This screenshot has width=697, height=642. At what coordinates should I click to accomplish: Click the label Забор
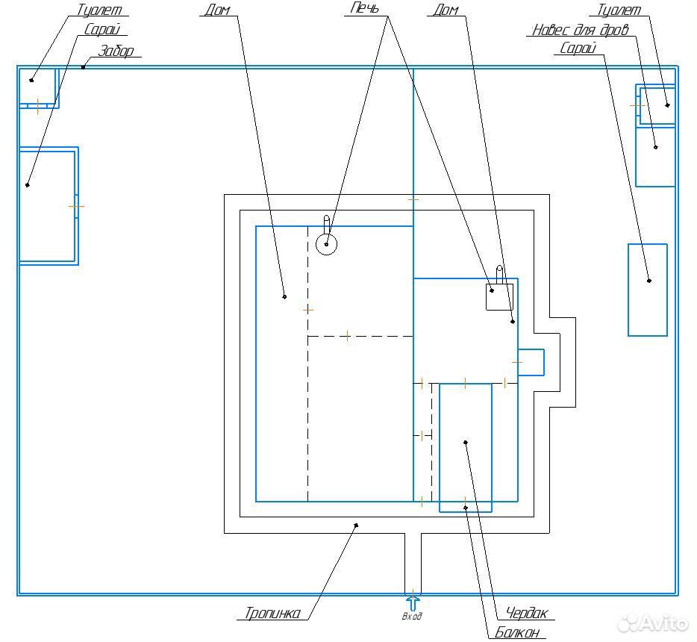[116, 51]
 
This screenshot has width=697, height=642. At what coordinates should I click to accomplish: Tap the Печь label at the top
[364, 7]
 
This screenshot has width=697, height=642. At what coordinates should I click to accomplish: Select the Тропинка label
[273, 613]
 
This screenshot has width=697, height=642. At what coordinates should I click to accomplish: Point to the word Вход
[412, 616]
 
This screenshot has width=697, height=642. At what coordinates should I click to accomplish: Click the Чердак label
[527, 614]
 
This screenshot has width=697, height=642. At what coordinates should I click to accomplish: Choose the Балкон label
[517, 632]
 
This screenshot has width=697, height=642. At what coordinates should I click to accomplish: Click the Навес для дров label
[581, 30]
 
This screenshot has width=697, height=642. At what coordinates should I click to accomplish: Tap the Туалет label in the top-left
[99, 10]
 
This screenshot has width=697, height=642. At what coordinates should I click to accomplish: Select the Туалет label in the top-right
[619, 10]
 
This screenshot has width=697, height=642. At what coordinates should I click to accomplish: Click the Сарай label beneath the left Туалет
[102, 29]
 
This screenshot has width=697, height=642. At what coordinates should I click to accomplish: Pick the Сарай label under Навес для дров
[578, 48]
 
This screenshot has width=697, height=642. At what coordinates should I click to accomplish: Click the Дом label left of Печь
[217, 10]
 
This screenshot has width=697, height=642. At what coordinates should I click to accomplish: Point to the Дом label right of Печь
[446, 10]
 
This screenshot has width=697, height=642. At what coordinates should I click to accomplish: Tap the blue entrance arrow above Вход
[413, 603]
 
